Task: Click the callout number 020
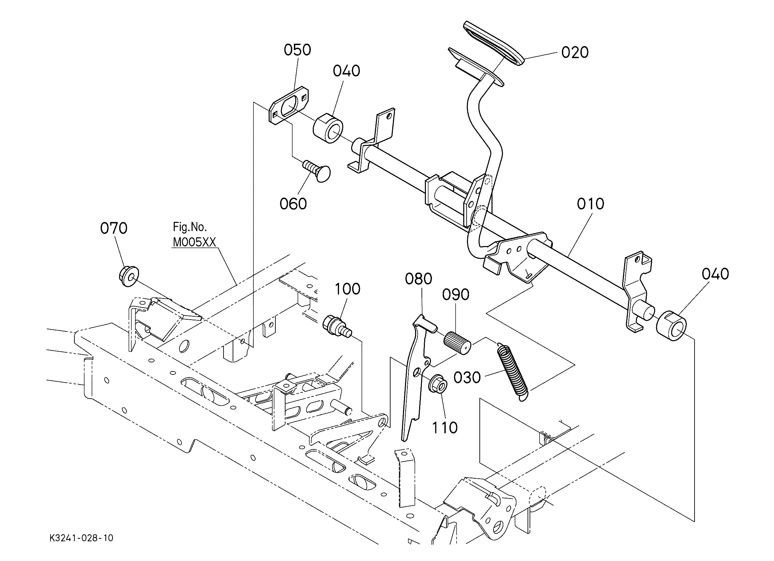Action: click(x=575, y=52)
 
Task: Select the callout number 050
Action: click(x=297, y=50)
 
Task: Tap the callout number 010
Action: click(x=591, y=204)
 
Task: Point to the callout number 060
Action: click(x=293, y=204)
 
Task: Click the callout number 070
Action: click(x=114, y=228)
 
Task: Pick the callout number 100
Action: click(x=347, y=289)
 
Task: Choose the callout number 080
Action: click(x=418, y=279)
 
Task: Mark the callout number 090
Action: click(x=456, y=294)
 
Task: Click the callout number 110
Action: click(x=445, y=428)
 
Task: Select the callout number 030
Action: click(x=467, y=377)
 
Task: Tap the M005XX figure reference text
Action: click(x=195, y=242)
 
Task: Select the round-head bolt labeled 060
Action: click(x=317, y=171)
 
